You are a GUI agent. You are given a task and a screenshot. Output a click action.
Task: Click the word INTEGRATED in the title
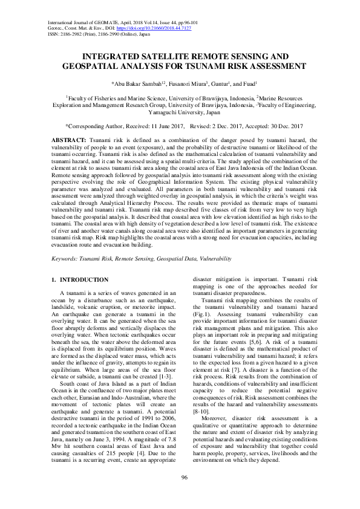point(112,56)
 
